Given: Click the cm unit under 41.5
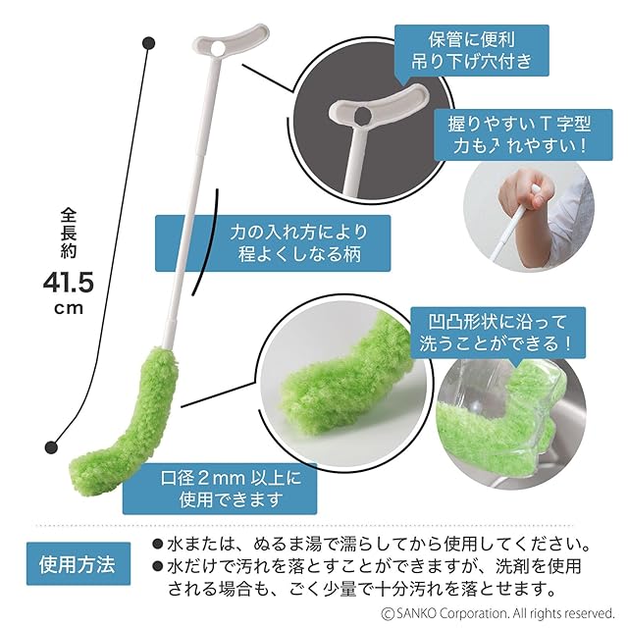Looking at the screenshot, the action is (68, 309).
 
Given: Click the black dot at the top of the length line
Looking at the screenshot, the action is (148, 43).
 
